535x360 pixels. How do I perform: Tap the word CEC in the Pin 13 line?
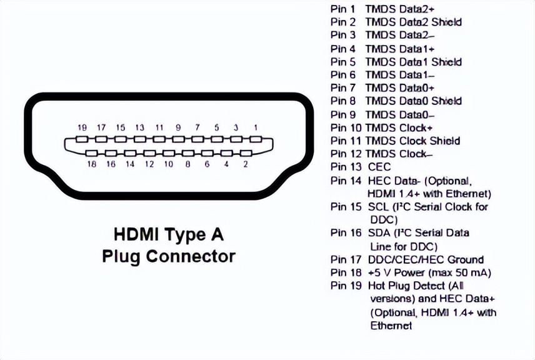click(379, 167)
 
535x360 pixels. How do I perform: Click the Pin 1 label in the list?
click(342, 9)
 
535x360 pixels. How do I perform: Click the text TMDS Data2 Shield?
click(414, 22)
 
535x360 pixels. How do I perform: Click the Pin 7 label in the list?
click(342, 87)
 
